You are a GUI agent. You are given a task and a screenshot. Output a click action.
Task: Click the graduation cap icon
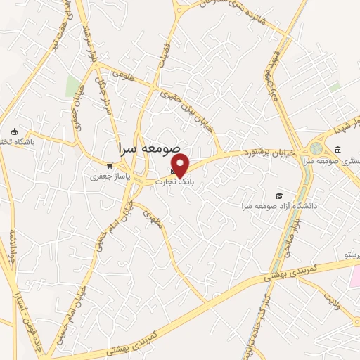click(280, 195)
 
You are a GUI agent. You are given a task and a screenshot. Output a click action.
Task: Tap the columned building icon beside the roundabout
click(337, 150)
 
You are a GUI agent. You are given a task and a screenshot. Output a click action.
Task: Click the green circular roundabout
click(317, 149)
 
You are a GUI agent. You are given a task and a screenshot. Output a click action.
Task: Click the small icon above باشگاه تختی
click(14, 131)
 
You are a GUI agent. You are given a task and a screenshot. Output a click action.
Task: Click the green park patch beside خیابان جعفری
click(73, 86)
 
